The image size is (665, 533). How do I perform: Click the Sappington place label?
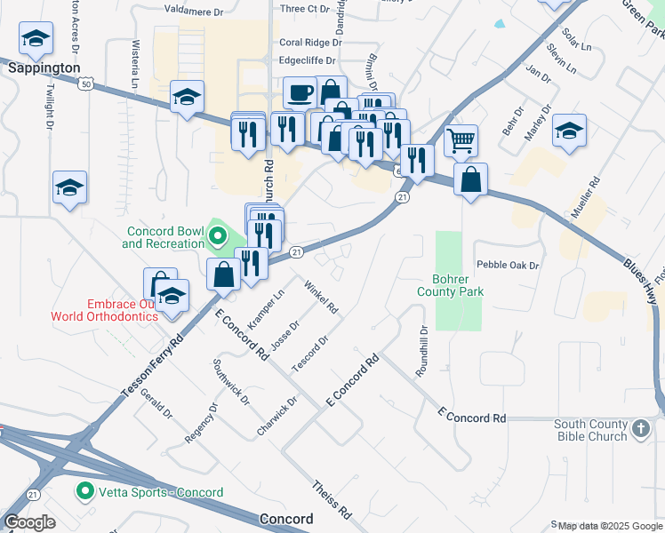[x=44, y=68]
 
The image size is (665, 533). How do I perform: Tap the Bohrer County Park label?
[x=450, y=284]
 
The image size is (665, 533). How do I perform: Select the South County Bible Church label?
[x=591, y=431]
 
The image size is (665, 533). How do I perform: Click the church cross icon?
[x=641, y=431]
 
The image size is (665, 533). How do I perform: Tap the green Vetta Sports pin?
[x=85, y=491]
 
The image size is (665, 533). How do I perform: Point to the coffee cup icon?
[x=299, y=91]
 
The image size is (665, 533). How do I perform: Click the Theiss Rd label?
[x=332, y=501]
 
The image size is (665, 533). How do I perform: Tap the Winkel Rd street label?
[x=321, y=297]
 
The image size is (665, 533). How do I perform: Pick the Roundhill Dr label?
[x=424, y=347]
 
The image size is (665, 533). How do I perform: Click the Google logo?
[x=29, y=522]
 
